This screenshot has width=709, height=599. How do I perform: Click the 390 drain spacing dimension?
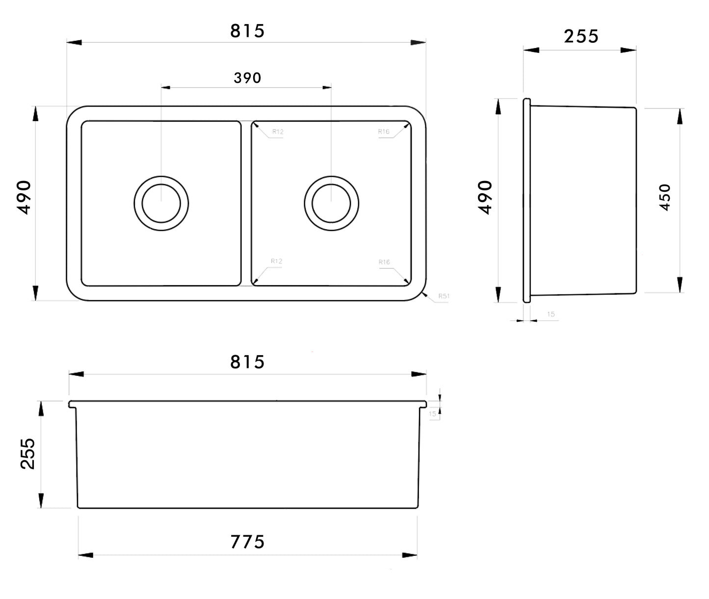click(x=247, y=78)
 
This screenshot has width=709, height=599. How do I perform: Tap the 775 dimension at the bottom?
click(x=247, y=542)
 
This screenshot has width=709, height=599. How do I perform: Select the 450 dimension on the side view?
click(x=665, y=197)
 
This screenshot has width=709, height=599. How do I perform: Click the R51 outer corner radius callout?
click(x=444, y=296)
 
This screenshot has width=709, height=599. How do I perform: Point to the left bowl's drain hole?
click(x=161, y=203)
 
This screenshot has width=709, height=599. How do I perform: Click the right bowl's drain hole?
click(x=331, y=203)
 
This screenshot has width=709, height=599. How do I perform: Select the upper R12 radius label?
click(x=278, y=132)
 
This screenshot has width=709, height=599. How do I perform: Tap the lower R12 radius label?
click(x=277, y=261)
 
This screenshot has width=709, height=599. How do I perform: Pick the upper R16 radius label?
click(x=384, y=131)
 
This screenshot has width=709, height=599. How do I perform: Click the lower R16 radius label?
click(x=384, y=262)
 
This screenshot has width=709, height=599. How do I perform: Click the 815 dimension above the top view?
click(x=247, y=31)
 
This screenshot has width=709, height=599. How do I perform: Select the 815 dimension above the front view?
click(x=247, y=363)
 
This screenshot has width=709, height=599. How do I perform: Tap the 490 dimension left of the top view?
click(x=24, y=197)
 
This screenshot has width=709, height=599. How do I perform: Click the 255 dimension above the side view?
click(x=581, y=37)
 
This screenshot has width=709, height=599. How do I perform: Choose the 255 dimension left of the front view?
click(x=28, y=454)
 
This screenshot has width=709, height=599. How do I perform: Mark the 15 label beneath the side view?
click(x=551, y=314)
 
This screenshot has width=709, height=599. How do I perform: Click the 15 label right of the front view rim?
click(x=432, y=414)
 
